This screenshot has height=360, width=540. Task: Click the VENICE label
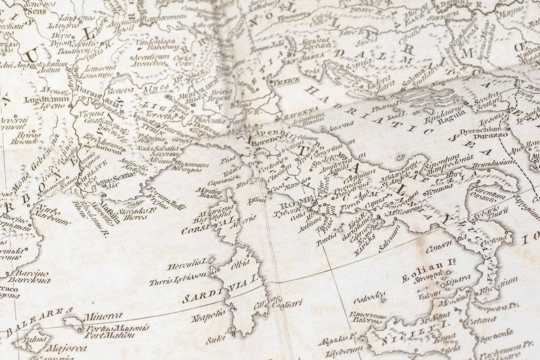click(x=284, y=81)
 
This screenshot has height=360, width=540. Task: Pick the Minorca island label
click(x=102, y=316)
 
